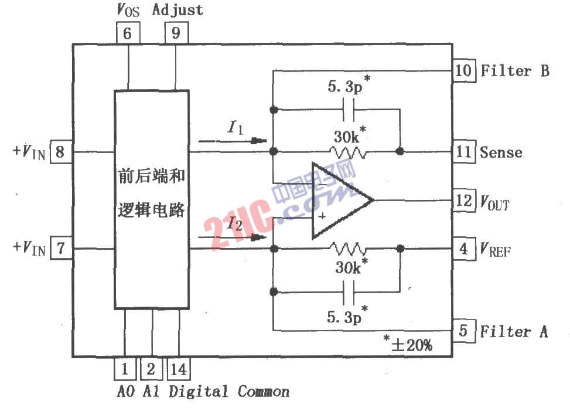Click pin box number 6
click(x=128, y=33)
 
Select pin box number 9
click(x=176, y=33)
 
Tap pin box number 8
click(x=61, y=152)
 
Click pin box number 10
click(x=463, y=71)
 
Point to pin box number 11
click(x=463, y=152)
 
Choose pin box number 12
click(x=463, y=201)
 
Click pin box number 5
click(x=463, y=331)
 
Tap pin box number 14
click(x=179, y=369)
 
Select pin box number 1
click(x=125, y=369)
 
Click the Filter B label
click(x=514, y=71)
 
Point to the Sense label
click(x=501, y=152)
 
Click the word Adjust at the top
click(x=178, y=10)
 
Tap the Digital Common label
click(x=229, y=391)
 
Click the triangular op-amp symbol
click(x=339, y=201)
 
